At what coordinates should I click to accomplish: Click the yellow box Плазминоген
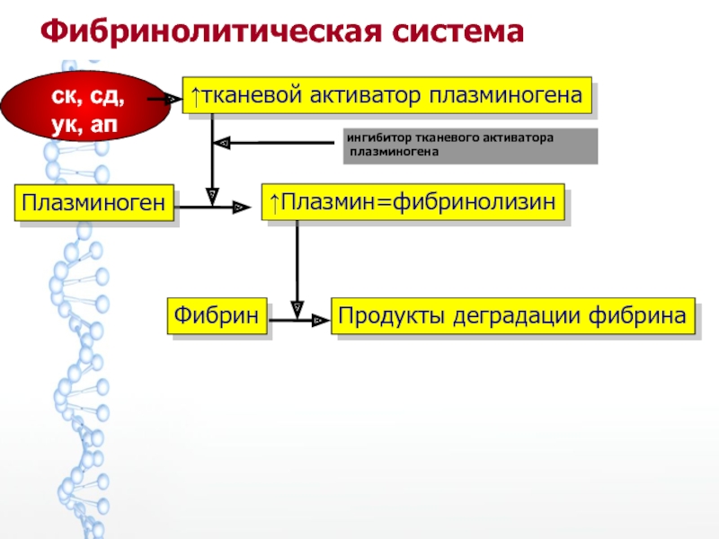pos(93,204)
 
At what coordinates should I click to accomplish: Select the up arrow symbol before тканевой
pos(193,93)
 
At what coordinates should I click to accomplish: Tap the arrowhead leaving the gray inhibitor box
pos(224,142)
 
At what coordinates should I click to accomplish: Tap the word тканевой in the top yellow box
pos(246,93)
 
